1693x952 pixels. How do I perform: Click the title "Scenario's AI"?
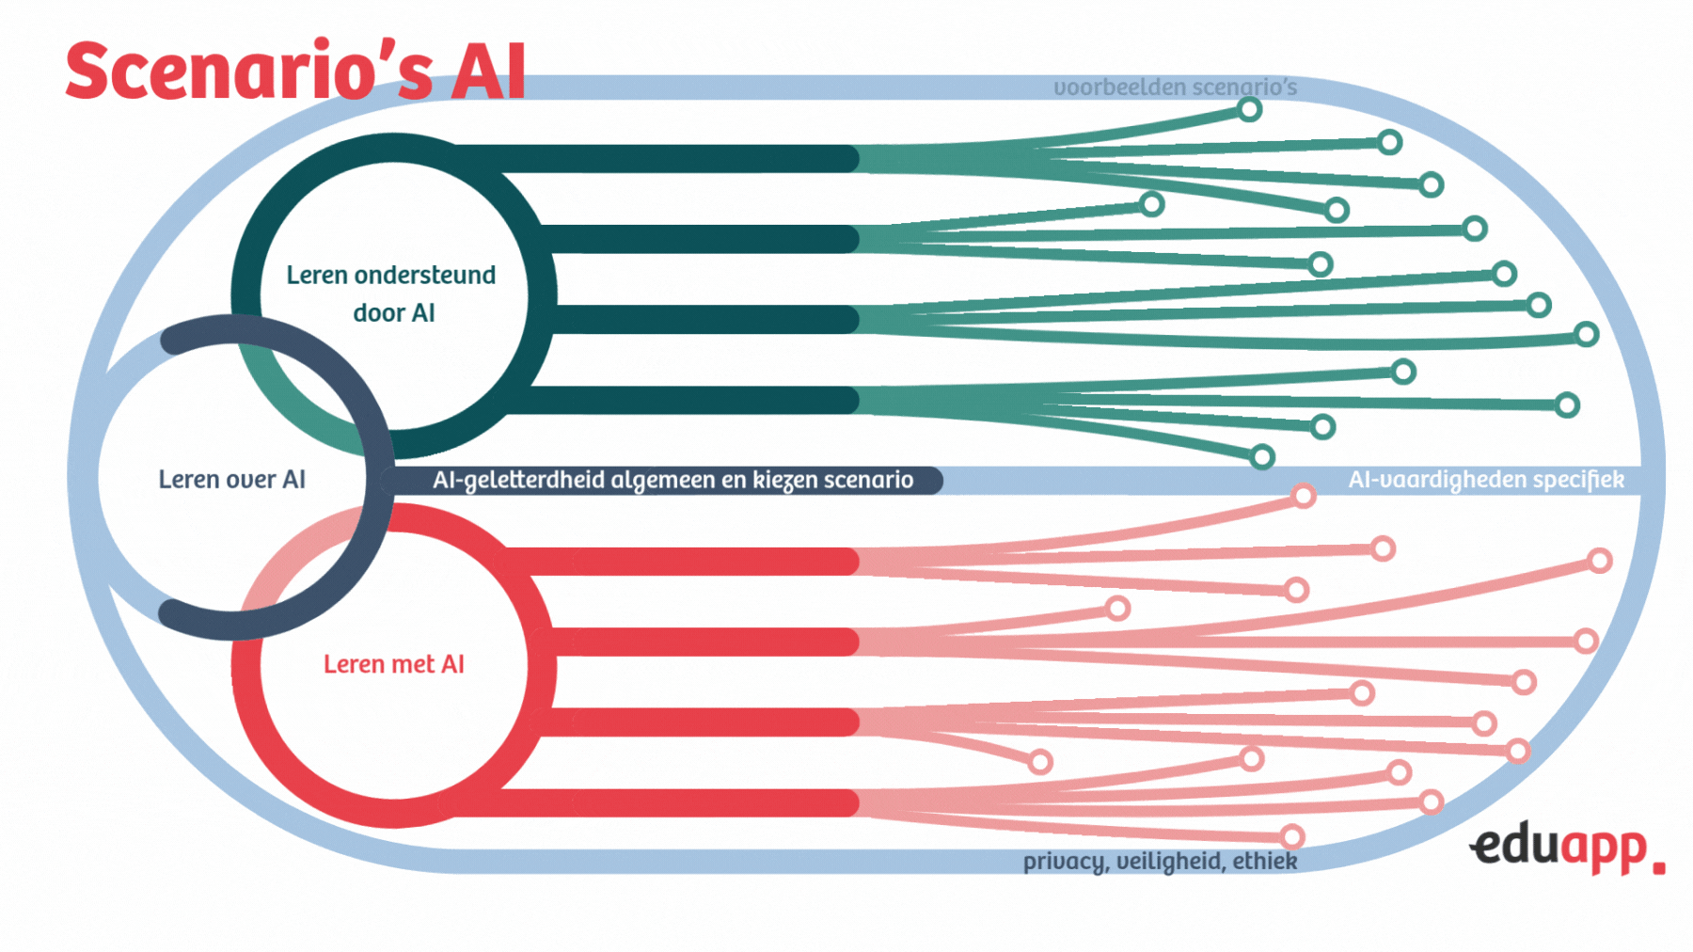295,71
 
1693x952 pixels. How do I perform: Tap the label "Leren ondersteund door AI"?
391,294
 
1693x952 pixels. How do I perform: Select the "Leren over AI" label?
231,480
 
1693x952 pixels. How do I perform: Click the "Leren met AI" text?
394,664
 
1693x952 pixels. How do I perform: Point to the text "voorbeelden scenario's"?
1175,87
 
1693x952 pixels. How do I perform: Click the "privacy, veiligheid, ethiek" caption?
1160,861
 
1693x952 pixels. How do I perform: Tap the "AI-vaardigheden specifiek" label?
1485,480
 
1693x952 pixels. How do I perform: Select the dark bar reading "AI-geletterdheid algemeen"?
672,480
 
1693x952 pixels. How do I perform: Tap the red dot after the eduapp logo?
1658,866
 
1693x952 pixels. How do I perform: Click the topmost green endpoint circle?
1249,109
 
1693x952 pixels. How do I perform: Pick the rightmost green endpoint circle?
1587,334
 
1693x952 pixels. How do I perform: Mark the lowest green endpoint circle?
1262,457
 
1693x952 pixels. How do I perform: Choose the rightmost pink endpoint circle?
1600,562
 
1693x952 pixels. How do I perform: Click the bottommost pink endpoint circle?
1292,836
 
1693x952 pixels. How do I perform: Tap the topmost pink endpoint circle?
1303,496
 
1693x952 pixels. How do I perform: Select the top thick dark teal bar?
658,159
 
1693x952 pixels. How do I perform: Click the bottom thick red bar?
658,802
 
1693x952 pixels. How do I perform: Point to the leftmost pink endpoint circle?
1040,761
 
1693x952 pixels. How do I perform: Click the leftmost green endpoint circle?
1151,204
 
